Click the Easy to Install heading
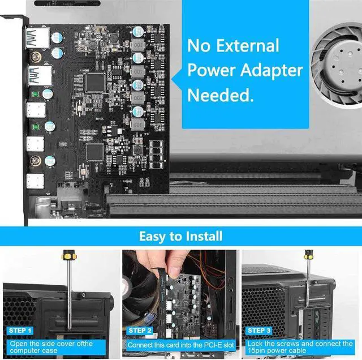coord(180,235)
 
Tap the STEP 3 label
coord(260,330)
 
